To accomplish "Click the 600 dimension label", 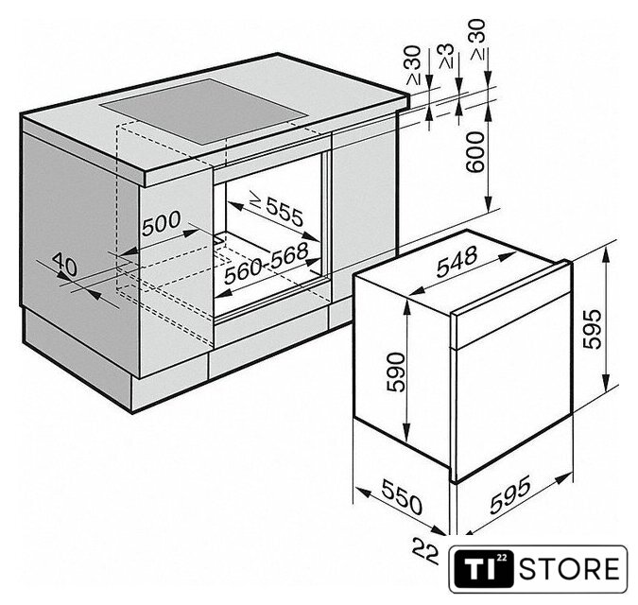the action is (475, 152).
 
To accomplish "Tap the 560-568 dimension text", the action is (267, 263).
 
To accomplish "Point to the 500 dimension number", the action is (162, 223).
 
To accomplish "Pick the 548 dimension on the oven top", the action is (457, 261).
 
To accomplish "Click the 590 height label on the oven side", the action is (396, 372).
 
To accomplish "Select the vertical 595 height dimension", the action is (592, 329).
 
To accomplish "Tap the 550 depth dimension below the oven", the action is (402, 497).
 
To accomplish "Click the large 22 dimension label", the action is (425, 551).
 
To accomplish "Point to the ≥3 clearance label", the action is (446, 56).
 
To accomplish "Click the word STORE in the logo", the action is (569, 569).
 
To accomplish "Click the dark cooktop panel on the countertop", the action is (203, 111).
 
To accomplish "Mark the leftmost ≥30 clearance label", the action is (413, 65).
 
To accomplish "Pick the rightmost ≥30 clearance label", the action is (478, 40).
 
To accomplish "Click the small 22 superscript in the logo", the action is (502, 558).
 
